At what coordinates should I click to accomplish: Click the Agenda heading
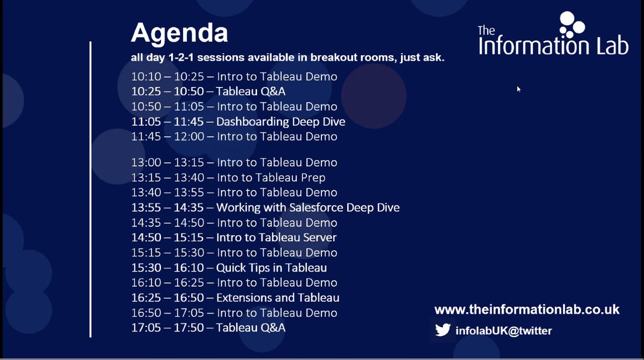[x=179, y=33]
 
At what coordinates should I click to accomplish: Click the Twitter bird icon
[x=443, y=330]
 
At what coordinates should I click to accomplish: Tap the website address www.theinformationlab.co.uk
[x=526, y=310]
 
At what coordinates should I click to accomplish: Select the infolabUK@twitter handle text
[x=503, y=330]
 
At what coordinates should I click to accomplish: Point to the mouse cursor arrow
[x=518, y=89]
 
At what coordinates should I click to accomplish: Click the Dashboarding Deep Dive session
[x=280, y=122]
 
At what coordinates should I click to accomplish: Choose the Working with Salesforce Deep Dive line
[x=308, y=208]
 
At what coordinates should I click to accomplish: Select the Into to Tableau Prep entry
[x=270, y=178]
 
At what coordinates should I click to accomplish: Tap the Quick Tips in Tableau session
[x=271, y=268]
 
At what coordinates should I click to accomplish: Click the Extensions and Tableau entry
[x=277, y=298]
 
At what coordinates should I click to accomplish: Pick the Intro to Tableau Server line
[x=276, y=238]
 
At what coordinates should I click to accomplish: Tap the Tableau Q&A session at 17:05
[x=251, y=328]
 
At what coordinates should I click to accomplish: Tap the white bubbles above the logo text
[x=572, y=24]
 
